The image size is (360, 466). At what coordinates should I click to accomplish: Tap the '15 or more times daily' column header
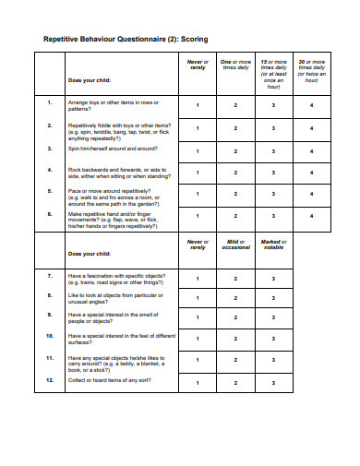273,70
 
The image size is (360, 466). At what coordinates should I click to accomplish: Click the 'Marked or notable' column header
273,245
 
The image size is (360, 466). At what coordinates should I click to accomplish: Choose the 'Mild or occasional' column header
235,245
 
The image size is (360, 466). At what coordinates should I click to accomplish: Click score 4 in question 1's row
312,105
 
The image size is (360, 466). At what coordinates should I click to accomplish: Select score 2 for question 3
235,149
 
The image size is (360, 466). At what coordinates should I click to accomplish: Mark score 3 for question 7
273,277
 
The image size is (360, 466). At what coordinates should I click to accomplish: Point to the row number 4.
49,170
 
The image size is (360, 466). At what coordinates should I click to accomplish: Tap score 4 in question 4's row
312,173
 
